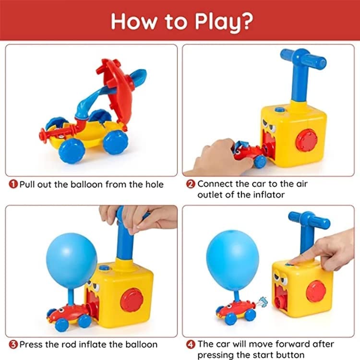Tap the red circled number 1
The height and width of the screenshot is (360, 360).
13,184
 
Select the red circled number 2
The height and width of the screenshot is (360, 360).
191,184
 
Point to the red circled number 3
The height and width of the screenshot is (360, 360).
13,344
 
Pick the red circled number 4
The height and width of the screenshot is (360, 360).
191,344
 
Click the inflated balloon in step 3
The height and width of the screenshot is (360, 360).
72,261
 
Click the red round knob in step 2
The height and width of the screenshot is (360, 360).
307,140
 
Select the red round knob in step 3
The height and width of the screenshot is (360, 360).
132,300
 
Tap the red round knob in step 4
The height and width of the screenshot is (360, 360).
316,291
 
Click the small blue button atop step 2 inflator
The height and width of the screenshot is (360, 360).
280,110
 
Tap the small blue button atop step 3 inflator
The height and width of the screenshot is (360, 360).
104,268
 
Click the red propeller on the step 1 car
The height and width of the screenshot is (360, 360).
43,135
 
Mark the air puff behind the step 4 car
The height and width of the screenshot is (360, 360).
262,302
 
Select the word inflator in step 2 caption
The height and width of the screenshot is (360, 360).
269,195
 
